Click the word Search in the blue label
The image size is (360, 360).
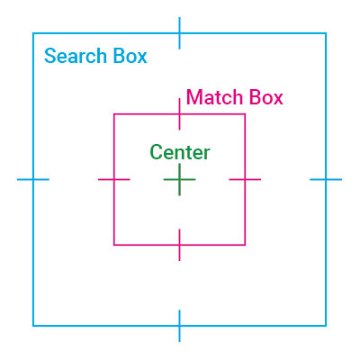(x=76, y=56)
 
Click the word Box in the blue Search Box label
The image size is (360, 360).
(x=130, y=56)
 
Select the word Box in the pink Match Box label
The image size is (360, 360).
(x=266, y=97)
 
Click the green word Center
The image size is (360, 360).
(x=180, y=152)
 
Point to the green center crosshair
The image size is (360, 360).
(x=179, y=180)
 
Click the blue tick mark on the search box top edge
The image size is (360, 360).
(x=179, y=33)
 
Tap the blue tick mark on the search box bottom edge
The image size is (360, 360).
(x=179, y=326)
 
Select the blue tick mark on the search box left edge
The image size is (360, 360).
(x=33, y=180)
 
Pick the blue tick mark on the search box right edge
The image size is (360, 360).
(x=326, y=180)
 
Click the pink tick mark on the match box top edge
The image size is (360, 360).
(x=179, y=114)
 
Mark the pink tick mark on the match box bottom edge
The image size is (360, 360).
(x=179, y=245)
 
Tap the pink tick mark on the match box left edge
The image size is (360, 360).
(x=114, y=180)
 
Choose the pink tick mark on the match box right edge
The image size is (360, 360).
(x=245, y=180)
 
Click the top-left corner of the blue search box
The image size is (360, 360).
(x=33, y=33)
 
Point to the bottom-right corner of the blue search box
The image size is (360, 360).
(x=326, y=326)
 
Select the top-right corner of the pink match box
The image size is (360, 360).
(x=245, y=114)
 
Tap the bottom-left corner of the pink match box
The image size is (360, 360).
(x=114, y=245)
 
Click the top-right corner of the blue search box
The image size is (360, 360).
(x=326, y=33)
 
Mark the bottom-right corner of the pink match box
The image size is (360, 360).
(x=245, y=245)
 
